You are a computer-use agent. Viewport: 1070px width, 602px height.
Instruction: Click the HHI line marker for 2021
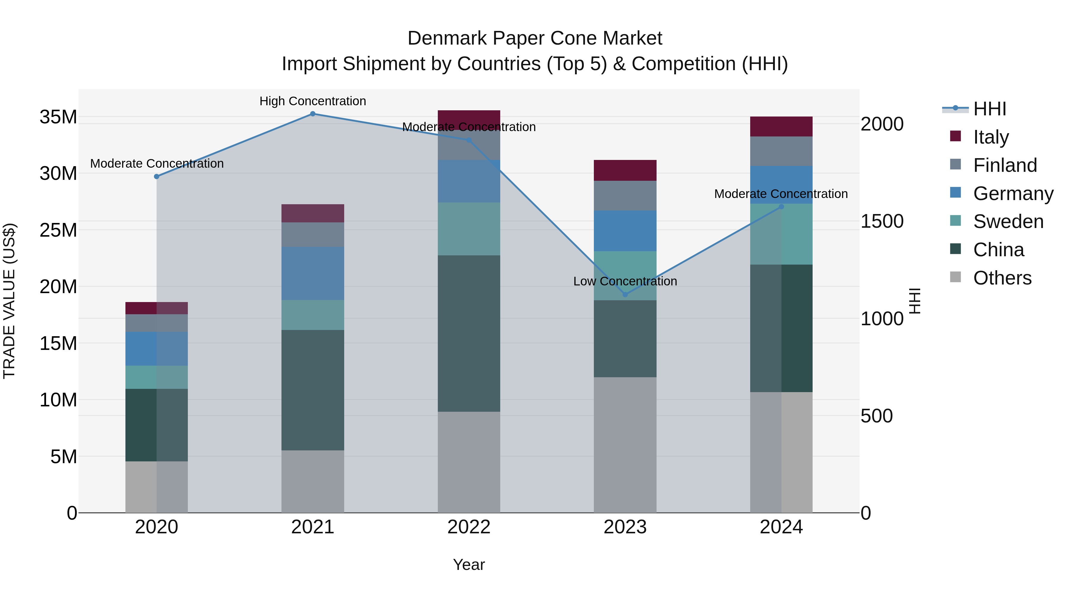coord(313,114)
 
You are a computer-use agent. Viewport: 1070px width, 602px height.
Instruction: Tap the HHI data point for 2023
coord(625,295)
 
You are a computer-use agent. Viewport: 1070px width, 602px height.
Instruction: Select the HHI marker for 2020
coord(157,177)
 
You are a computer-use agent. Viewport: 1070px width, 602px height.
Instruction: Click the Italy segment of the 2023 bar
coord(625,170)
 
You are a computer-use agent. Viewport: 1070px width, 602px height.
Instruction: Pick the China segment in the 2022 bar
coord(469,334)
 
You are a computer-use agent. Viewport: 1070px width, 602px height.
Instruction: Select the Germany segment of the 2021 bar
coord(313,274)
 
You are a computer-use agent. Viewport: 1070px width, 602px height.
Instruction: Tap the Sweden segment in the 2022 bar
coord(469,229)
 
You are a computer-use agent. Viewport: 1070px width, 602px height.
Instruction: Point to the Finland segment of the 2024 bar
coord(781,151)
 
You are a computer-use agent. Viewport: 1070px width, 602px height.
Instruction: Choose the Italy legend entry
coord(991,137)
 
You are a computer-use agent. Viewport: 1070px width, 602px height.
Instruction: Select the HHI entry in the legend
coord(989,109)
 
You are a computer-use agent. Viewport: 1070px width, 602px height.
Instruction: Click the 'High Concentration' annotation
coord(313,101)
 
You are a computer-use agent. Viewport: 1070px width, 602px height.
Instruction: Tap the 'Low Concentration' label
coord(625,281)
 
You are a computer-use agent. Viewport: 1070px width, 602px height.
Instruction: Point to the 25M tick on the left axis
coord(58,230)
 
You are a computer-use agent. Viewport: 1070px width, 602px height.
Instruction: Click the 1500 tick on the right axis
coord(882,221)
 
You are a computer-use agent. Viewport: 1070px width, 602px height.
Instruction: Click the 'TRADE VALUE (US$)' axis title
coord(10,301)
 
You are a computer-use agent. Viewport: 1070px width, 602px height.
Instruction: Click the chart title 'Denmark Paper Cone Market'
coord(535,38)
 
